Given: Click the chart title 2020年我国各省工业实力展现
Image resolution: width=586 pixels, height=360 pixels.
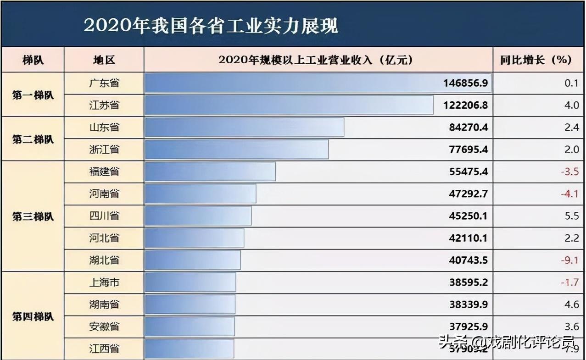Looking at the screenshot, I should click(211, 26).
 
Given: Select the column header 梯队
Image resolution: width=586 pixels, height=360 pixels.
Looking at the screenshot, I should click(33, 60).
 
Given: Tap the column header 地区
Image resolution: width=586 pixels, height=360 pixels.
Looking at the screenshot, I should click(104, 60).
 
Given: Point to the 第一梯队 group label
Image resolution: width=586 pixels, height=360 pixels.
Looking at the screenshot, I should click(33, 95).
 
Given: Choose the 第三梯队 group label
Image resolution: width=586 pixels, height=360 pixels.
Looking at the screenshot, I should click(33, 216).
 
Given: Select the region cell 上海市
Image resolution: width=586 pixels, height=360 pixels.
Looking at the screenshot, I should click(104, 282).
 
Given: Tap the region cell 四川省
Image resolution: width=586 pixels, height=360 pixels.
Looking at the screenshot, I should click(104, 216).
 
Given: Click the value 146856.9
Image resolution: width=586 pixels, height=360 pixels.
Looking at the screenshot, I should click(465, 83).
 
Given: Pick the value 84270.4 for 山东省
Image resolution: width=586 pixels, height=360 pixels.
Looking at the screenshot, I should click(469, 127).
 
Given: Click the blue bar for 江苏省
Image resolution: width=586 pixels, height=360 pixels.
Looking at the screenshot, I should click(289, 105).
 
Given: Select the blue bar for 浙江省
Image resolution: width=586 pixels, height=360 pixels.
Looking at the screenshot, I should click(237, 150).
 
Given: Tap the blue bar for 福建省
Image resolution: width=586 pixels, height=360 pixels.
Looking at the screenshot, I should click(210, 172).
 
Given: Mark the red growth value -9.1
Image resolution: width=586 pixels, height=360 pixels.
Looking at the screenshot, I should click(569, 260).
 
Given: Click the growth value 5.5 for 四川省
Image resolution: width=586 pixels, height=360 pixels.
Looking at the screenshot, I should click(572, 216).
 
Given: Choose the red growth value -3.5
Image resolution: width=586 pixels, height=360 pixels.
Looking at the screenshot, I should click(569, 172).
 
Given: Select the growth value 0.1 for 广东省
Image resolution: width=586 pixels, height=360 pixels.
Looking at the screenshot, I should click(572, 83).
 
